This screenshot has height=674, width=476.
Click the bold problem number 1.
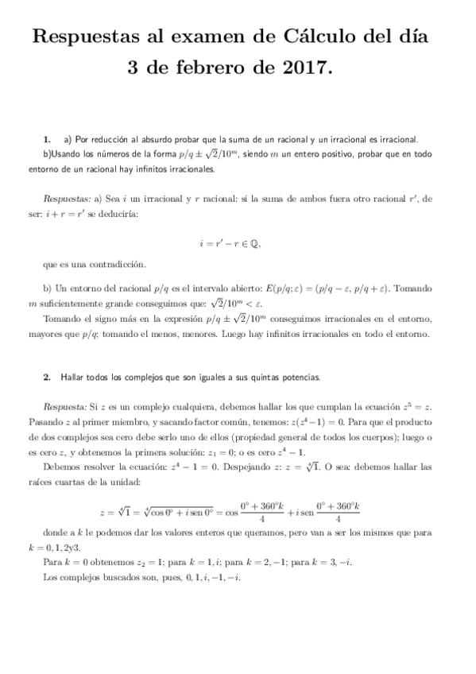pos(48,138)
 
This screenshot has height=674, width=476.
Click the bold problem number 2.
pos(48,374)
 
